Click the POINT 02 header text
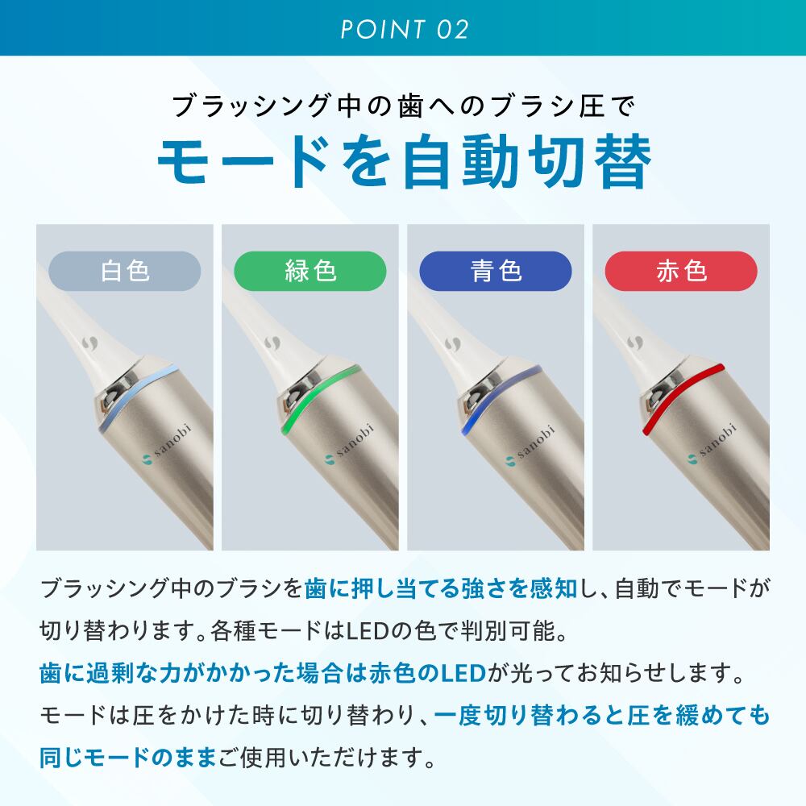(405, 29)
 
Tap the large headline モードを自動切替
(405, 161)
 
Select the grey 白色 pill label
(124, 271)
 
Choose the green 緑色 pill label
(310, 271)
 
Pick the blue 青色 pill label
(496, 271)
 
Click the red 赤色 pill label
(681, 271)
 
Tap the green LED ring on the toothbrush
(313, 395)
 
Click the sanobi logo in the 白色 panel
(166, 444)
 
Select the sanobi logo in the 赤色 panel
(713, 442)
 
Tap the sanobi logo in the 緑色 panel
(350, 444)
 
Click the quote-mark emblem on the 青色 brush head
(453, 343)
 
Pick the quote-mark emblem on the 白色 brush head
(89, 343)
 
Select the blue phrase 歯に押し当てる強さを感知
(441, 588)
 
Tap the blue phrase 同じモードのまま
(127, 757)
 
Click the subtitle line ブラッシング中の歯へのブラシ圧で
(404, 106)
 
